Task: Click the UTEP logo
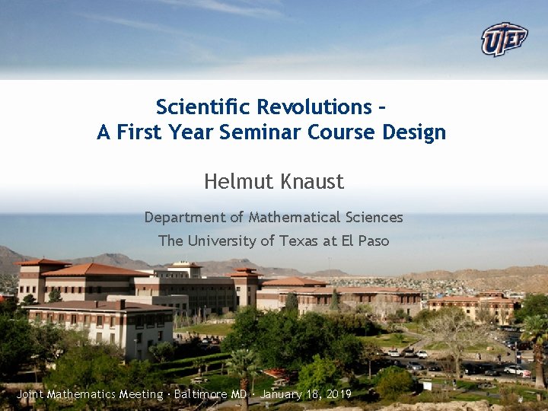(504, 38)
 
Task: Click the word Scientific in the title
(202, 107)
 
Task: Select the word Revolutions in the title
(314, 107)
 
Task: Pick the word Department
(185, 218)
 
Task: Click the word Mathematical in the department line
(301, 218)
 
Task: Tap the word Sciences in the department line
(374, 218)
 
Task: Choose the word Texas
(298, 241)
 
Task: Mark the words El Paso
(367, 241)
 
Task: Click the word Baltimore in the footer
(202, 394)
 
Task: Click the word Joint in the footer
(30, 394)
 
